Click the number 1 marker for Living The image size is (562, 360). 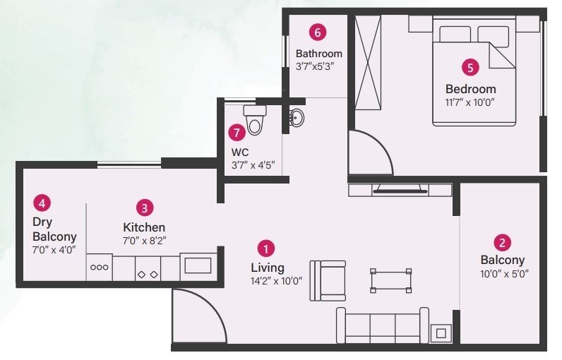pos(266,248)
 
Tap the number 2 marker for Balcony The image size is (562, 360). pos(502,243)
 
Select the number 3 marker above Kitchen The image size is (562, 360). pos(144,208)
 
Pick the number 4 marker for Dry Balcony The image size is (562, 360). pos(42,204)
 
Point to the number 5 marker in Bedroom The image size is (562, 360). pos(470,68)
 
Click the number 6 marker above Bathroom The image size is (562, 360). pos(318,32)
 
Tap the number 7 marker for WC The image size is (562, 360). pos(236,131)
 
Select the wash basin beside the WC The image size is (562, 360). pos(297,119)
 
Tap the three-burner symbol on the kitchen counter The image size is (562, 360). pos(99,268)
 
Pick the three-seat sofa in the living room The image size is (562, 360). pos(382,325)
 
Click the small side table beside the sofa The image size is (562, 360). pos(442,332)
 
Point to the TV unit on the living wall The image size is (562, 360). pos(400,190)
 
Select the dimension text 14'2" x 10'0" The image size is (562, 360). pos(276,281)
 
